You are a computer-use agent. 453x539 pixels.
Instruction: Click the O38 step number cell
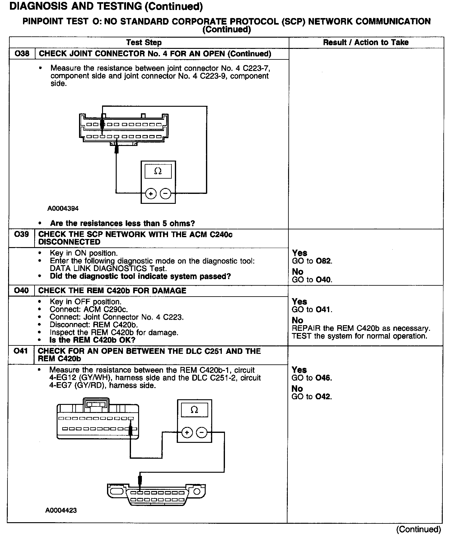[x=22, y=54]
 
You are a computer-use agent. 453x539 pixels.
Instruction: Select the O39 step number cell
[x=21, y=234]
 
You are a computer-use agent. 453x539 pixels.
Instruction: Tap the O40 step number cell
[x=21, y=291]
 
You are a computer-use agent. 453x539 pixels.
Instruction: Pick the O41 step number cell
[x=21, y=351]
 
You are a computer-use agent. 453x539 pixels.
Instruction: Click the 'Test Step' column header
[x=144, y=43]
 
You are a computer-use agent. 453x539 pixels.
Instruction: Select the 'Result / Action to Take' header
[x=366, y=42]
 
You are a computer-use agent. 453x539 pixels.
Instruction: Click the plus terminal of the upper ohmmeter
[x=151, y=194]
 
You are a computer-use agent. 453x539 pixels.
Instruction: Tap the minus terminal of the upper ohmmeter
[x=166, y=194]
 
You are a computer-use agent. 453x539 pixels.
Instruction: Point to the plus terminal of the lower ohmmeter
[x=187, y=433]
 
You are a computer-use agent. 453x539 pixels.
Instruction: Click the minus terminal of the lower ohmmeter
[x=202, y=433]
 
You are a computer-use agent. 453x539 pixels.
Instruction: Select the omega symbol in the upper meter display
[x=158, y=171]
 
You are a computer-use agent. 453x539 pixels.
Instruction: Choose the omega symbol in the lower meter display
[x=194, y=410]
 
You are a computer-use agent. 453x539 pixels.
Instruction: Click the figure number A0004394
[x=63, y=209]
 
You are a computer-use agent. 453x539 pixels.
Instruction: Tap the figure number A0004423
[x=61, y=510]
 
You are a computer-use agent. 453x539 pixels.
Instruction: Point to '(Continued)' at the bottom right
[x=418, y=529]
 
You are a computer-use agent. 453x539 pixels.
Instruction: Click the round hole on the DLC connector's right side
[x=197, y=492]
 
